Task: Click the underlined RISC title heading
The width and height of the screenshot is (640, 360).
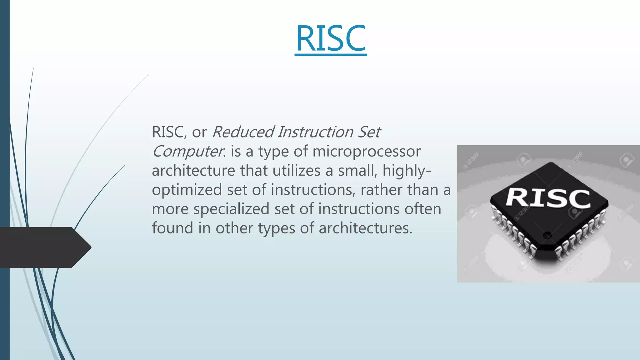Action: pos(331,39)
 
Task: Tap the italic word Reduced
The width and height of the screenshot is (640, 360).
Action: pos(243,132)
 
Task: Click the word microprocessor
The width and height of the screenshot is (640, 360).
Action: pos(366,152)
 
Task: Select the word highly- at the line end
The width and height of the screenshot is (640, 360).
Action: pos(407,171)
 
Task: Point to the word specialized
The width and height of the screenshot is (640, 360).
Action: pos(231,209)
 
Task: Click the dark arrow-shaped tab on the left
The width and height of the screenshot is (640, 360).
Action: pos(44,247)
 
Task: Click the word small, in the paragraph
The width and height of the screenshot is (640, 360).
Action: pos(357,171)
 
